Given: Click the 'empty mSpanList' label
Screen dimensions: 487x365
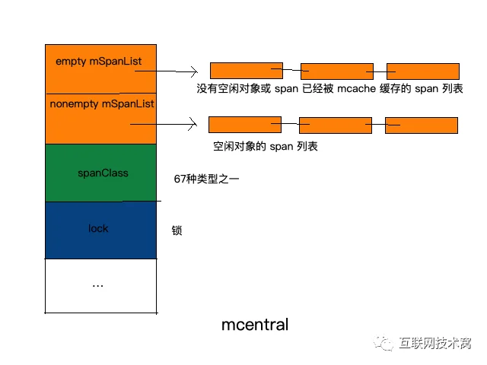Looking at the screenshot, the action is click(x=98, y=62).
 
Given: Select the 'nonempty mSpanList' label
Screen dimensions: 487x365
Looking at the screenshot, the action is click(x=102, y=104).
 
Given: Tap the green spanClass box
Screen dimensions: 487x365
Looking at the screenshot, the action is click(x=100, y=173).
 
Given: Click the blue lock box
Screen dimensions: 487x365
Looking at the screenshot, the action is click(x=100, y=230).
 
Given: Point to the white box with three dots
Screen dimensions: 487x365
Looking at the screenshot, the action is click(x=100, y=286).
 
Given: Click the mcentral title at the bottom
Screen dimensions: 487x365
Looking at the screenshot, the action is click(x=255, y=325).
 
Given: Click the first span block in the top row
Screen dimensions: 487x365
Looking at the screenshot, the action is click(x=247, y=71).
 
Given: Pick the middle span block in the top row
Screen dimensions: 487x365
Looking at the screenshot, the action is click(x=337, y=71).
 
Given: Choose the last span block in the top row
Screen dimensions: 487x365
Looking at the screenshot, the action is click(x=423, y=71).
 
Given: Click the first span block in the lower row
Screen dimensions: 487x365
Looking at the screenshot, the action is click(x=245, y=125).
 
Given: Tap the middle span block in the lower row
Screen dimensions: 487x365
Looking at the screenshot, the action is click(x=336, y=125).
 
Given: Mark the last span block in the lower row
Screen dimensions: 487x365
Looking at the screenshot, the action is click(x=422, y=125).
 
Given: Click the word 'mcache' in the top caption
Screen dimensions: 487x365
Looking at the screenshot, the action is click(x=357, y=89).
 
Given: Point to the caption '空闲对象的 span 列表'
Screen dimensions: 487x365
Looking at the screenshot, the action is click(x=266, y=146).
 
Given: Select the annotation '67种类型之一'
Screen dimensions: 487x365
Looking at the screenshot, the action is click(x=206, y=179).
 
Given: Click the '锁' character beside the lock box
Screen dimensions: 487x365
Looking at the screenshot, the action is click(x=177, y=230).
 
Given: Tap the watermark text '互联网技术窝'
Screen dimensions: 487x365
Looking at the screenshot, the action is click(x=435, y=343).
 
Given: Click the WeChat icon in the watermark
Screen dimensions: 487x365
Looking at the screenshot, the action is click(x=384, y=343).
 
